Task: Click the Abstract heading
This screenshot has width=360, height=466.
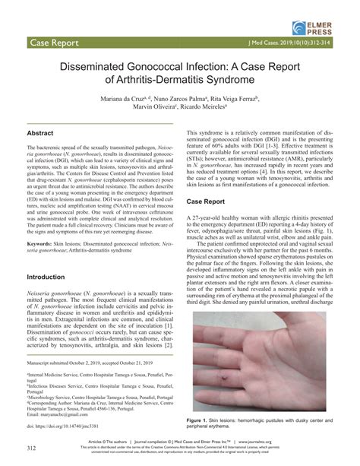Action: click(40, 132)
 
